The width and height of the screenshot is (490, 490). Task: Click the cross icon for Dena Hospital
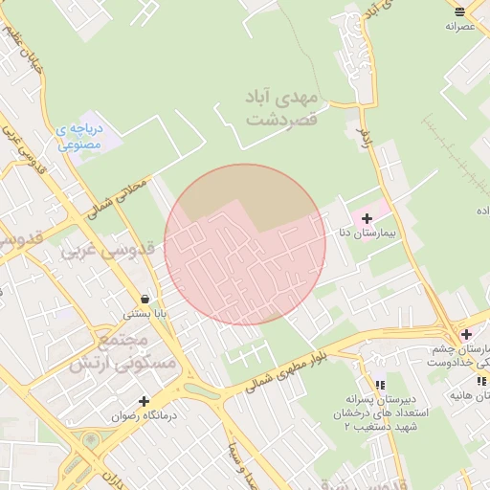pos(367,219)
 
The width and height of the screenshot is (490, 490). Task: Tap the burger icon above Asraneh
pos(460,11)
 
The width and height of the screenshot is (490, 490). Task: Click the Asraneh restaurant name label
pos(460,26)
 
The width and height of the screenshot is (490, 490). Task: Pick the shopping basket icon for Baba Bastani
pos(144,299)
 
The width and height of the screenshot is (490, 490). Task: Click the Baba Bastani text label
pos(145,313)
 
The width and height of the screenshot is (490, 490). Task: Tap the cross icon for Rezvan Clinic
pos(144,402)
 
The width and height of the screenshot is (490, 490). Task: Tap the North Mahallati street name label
pos(121,195)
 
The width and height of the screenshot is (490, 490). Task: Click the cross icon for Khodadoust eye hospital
pos(466,334)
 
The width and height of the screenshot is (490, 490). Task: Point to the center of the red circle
pos(245,245)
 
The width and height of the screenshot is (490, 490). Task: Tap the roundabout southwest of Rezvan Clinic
pos(93,441)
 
